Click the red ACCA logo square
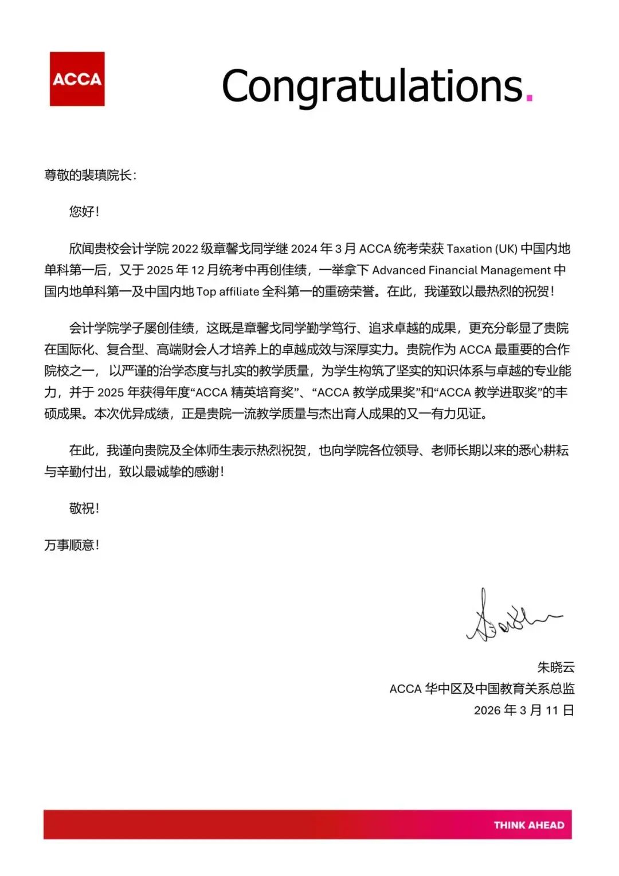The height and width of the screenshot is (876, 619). coord(77,79)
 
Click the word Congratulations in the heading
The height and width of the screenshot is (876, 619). coord(372,86)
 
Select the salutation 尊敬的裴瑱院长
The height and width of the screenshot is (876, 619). coord(90,175)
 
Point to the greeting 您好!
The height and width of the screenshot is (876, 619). coord(84,212)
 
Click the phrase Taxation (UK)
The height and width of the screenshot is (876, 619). coord(481,249)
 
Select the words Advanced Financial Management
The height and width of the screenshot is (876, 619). coord(461,270)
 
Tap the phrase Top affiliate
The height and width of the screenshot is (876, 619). coord(228,291)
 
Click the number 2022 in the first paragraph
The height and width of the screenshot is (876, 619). coord(185,249)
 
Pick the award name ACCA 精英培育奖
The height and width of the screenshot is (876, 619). coord(245,392)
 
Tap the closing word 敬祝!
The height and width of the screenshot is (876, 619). coord(84,509)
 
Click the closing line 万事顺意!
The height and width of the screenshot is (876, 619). coord(72,545)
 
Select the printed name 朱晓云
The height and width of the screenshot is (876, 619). coord(555,667)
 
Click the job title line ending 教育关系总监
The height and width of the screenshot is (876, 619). coord(481,689)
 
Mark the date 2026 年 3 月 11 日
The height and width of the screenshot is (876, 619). coord(523,710)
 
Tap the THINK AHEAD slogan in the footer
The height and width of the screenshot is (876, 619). coord(528,825)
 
